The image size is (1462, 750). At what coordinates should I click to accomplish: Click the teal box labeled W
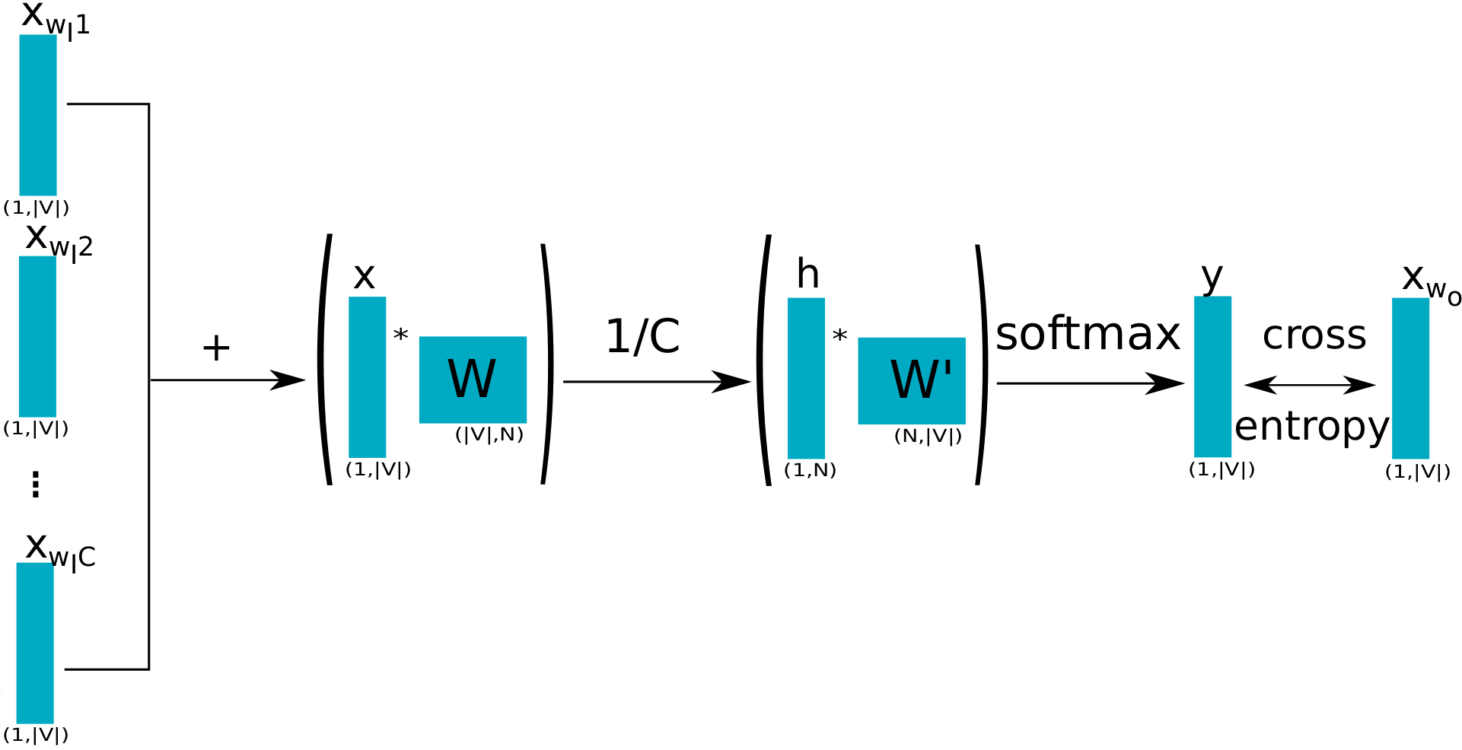[x=473, y=380]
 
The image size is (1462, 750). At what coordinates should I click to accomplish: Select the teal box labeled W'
[x=911, y=380]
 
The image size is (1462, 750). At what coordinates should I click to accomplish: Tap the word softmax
[x=1088, y=335]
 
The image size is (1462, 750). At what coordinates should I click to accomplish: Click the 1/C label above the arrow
[x=643, y=335]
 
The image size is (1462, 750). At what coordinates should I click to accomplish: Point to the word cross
[x=1314, y=335]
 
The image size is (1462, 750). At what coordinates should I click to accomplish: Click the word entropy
[x=1312, y=427]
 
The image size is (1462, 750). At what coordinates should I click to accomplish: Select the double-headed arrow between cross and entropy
[x=1310, y=386]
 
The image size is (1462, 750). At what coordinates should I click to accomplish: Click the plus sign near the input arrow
[x=217, y=348]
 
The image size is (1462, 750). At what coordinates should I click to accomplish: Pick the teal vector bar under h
[x=806, y=378]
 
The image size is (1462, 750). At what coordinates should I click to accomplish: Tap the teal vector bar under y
[x=1212, y=377]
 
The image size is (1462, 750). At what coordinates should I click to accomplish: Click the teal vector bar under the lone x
[x=367, y=377]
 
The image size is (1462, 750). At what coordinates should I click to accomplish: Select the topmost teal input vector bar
[x=38, y=115]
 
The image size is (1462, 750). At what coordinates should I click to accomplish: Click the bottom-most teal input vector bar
[x=35, y=643]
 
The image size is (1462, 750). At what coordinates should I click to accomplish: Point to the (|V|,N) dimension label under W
[x=489, y=435]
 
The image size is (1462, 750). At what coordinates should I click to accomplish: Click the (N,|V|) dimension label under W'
[x=928, y=436]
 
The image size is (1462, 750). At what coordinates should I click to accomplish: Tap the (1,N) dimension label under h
[x=810, y=471]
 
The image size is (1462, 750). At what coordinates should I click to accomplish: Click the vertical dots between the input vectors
[x=36, y=483]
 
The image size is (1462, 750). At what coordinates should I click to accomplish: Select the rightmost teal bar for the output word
[x=1410, y=378]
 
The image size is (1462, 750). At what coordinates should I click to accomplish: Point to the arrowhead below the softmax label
[x=1168, y=383]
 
